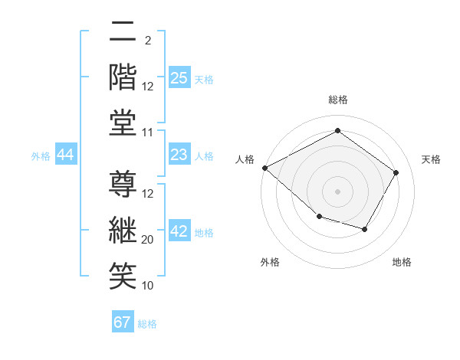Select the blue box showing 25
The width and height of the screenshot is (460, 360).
pos(179,78)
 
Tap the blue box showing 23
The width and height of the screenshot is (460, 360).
pos(179,155)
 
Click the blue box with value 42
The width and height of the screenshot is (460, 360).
pos(179,231)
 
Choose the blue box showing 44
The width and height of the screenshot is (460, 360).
pos(66,155)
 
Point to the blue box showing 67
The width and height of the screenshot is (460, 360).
pos(123,322)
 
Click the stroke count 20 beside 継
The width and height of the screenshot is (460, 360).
pos(148,240)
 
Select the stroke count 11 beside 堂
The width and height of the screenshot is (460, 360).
pos(148,133)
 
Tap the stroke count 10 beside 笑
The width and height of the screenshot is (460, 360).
pos(148,286)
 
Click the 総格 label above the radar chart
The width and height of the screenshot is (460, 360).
pos(337,100)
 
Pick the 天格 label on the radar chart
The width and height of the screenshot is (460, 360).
pos(431,159)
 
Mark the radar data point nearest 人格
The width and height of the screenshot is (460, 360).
pos(264,168)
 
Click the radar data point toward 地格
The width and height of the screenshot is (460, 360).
pos(365,229)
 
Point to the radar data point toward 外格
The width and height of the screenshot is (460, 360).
pos(319,217)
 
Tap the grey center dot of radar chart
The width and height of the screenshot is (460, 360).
pos(337,191)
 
